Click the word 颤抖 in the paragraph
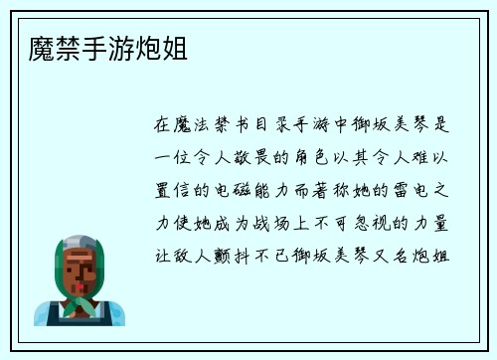coord(239,254)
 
